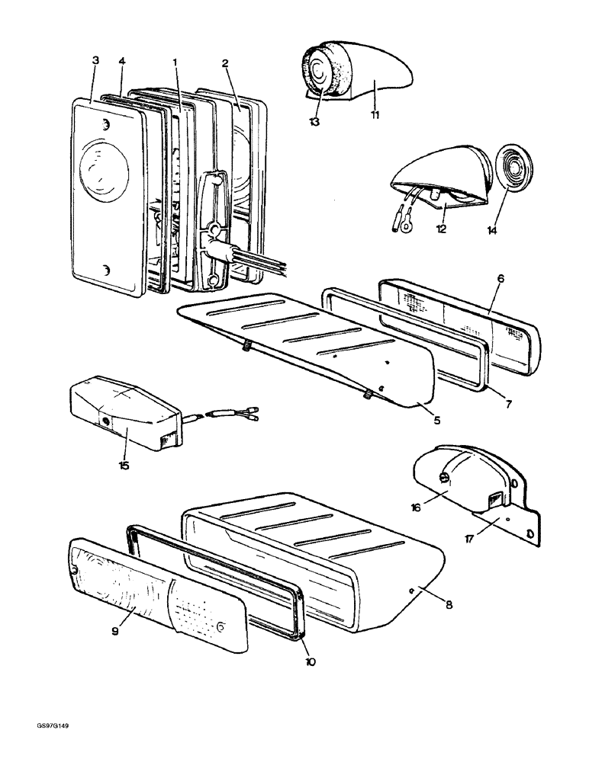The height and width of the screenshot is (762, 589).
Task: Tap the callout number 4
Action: point(121,59)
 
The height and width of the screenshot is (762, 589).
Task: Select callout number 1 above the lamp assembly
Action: point(175,59)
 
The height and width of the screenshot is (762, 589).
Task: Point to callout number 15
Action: point(123,465)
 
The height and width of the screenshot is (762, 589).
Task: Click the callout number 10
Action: point(310,661)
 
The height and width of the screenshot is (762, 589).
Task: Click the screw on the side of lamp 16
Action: point(443,479)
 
